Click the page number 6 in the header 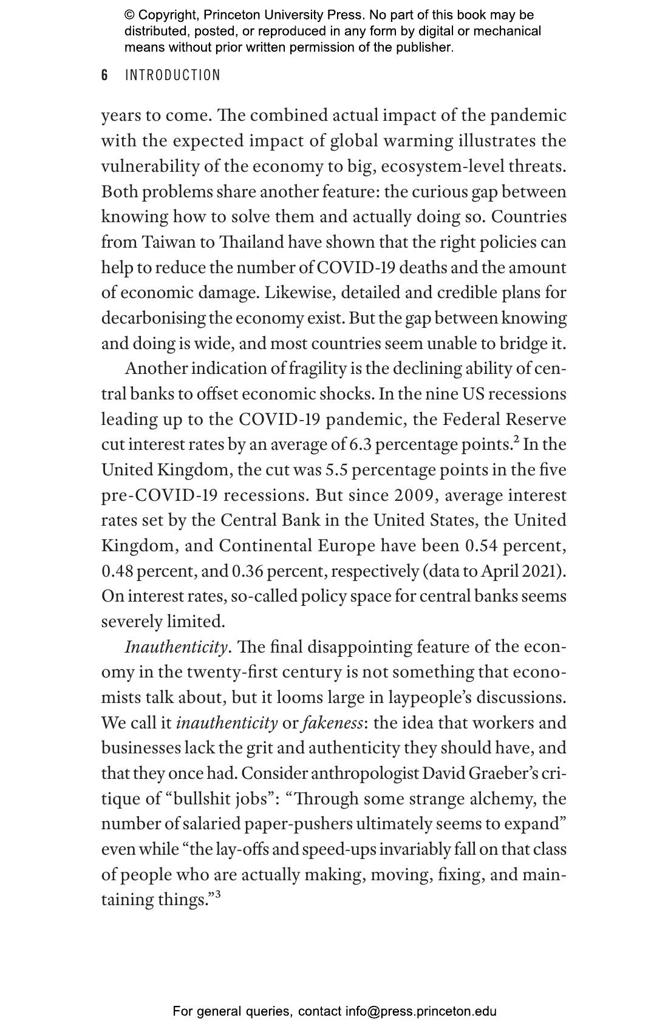pyautogui.click(x=104, y=75)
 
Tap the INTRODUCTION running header pyautogui.click(x=172, y=75)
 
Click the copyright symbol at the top pyautogui.click(x=129, y=15)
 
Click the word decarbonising pyautogui.click(x=153, y=319)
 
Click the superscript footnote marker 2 pyautogui.click(x=516, y=441)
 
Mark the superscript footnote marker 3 pyautogui.click(x=218, y=894)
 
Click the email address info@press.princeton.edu pyautogui.click(x=421, y=1011)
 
